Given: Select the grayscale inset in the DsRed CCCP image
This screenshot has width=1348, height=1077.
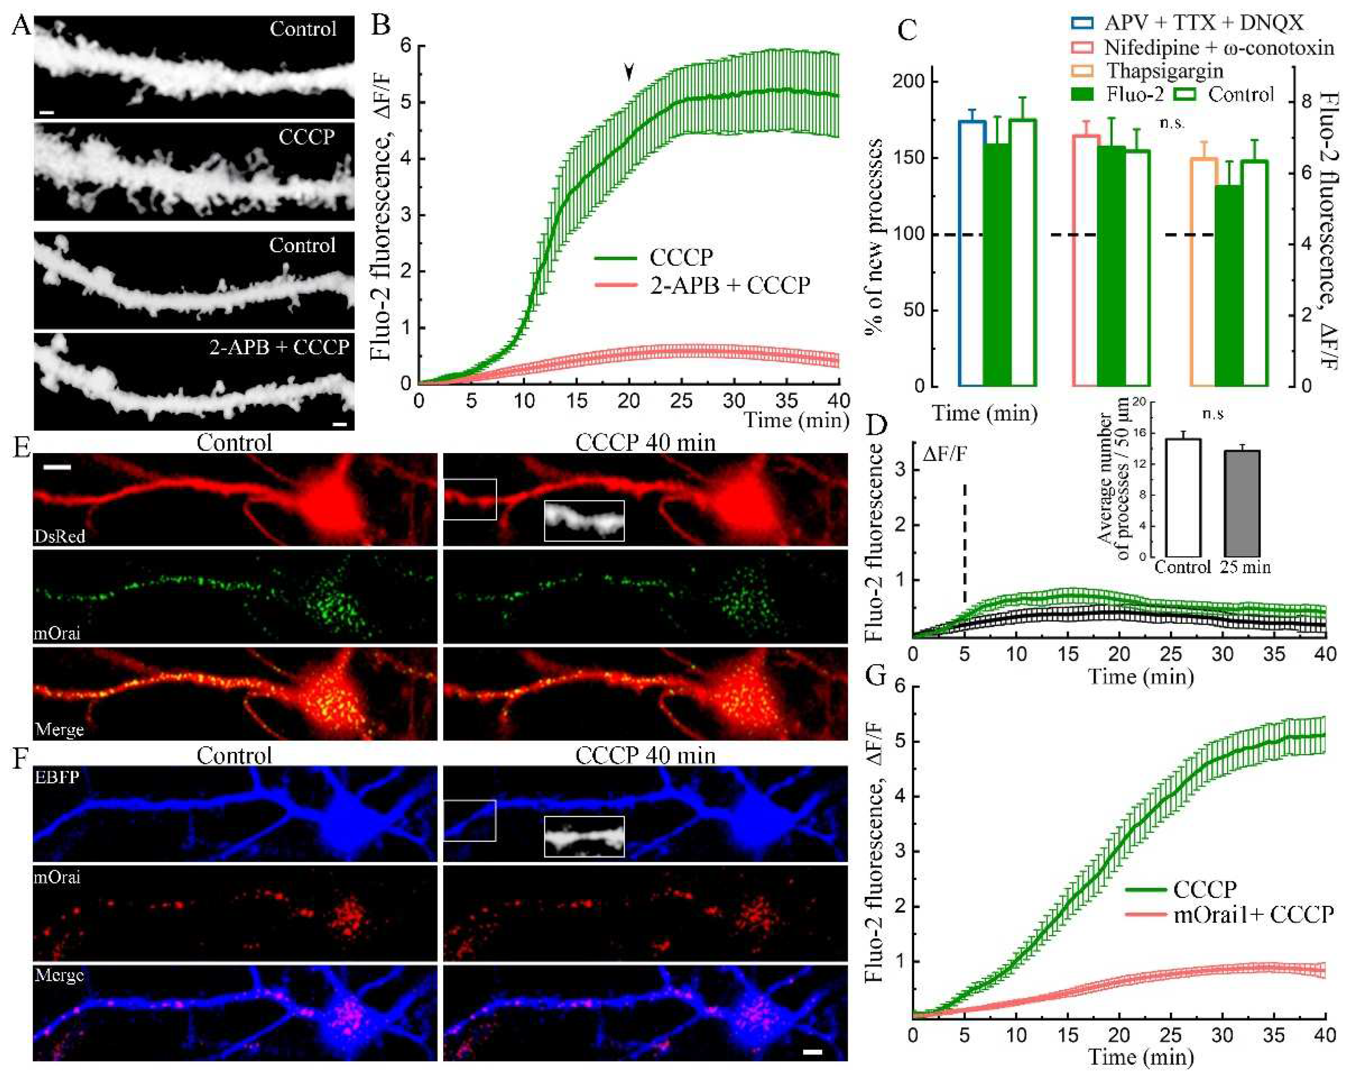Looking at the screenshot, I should (x=584, y=520).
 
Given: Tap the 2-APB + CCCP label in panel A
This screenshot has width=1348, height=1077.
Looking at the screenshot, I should (x=279, y=347).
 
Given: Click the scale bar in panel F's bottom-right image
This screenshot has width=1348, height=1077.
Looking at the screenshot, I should (x=811, y=1053).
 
